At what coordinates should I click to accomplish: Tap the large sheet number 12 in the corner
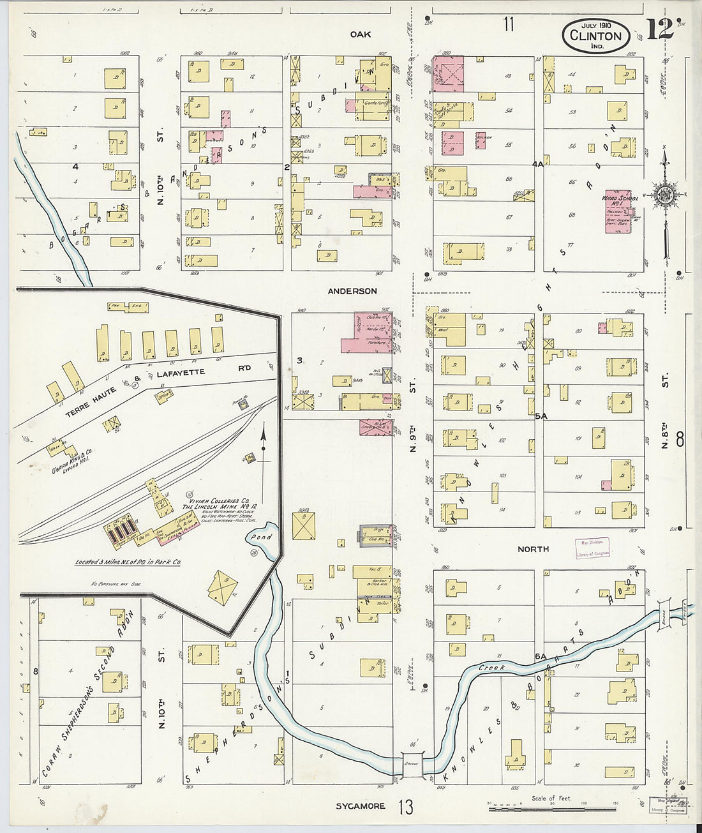coord(660,29)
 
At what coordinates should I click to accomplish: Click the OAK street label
coord(360,34)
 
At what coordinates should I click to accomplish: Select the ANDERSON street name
coord(352,291)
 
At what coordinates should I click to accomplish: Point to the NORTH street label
coord(533,549)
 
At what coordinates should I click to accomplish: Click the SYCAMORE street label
coord(361,806)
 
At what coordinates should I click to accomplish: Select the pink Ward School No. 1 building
coord(617,214)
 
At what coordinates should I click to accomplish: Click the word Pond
coord(260,537)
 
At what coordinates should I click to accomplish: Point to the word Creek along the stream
coord(492,667)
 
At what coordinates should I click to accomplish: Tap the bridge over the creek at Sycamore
coord(410,763)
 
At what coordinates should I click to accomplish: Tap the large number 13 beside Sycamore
coord(407,807)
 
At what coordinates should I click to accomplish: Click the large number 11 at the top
coord(508,25)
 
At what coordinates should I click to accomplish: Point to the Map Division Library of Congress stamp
coord(593,548)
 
